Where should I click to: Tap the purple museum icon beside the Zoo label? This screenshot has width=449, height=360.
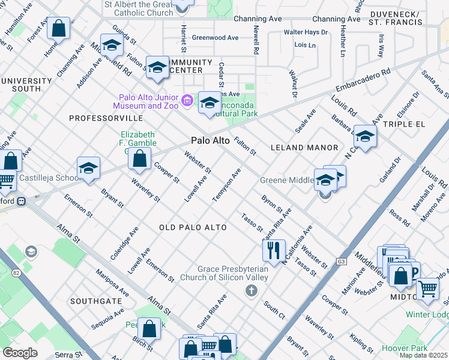coord(187,100)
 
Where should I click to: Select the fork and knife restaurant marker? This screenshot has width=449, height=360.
coord(274,250)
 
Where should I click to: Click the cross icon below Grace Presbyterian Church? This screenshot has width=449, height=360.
coord(251,291)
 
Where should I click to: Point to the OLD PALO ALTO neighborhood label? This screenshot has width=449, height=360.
coord(193,227)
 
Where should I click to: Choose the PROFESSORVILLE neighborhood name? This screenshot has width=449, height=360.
coord(100,119)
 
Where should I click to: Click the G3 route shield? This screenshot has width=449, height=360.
coord(342,262)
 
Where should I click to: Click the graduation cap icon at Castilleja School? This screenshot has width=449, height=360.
coord(88,169)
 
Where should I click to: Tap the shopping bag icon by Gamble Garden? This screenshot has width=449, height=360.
coord(139,160)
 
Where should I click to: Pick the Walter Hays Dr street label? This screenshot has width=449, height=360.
coord(306,32)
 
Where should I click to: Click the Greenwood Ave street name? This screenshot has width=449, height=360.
coord(215,38)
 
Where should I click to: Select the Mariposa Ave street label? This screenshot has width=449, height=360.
coord(112,282)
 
